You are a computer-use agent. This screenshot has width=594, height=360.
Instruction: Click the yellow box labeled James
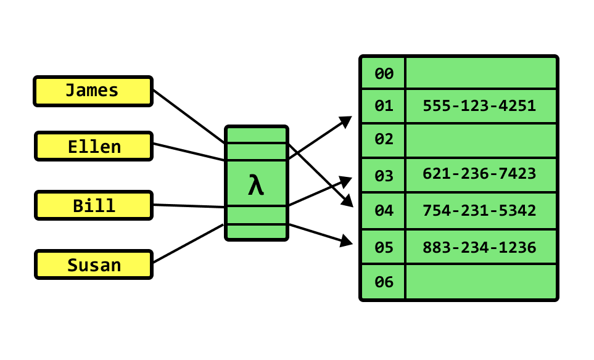[x=93, y=91]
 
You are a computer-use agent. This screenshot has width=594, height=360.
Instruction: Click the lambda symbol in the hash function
[x=257, y=184]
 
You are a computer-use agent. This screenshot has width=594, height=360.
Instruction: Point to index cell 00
[x=384, y=74]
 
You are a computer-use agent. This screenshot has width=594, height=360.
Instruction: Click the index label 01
[x=384, y=106]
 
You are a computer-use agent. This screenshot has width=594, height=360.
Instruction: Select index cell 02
[x=384, y=140]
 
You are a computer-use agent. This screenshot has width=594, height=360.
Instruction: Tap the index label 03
[x=384, y=176]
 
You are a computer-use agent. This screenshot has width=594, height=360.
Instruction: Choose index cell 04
[x=384, y=211]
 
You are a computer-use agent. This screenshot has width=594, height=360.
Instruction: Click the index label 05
[x=384, y=248]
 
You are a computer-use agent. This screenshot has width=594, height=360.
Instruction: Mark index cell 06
[x=384, y=282]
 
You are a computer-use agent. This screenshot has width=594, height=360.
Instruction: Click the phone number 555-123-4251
[x=479, y=106]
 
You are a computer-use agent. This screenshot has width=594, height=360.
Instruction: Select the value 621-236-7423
[x=479, y=174]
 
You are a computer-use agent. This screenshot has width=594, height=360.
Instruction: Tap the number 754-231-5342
[x=479, y=211]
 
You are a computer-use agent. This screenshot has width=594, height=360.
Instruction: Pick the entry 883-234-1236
[x=479, y=248]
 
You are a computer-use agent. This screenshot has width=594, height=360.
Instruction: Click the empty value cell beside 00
[x=481, y=73]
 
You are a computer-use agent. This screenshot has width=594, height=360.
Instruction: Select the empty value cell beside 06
[x=481, y=282]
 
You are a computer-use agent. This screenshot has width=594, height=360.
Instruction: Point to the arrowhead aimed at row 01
[x=346, y=120]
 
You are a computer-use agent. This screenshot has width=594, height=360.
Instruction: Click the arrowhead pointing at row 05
[x=347, y=241]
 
